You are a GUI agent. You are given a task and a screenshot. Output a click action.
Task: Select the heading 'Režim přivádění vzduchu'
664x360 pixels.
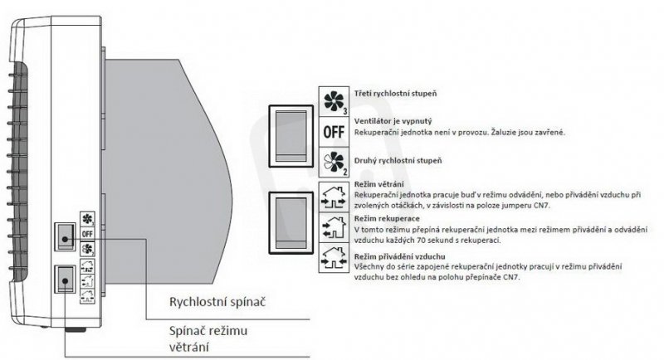(399, 258)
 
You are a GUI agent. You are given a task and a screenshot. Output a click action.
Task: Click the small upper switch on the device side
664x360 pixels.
(65, 236)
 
